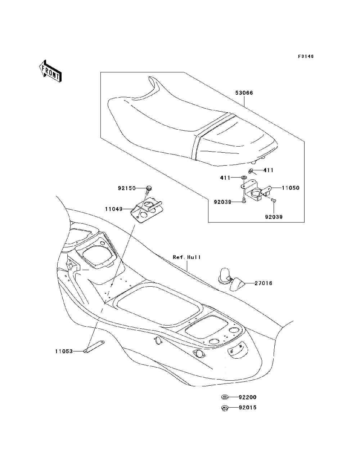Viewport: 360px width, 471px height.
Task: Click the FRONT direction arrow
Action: [50, 71]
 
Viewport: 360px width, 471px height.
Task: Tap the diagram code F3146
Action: [306, 57]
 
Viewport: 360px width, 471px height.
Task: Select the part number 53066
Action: [244, 93]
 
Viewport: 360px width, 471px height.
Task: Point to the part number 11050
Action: [291, 188]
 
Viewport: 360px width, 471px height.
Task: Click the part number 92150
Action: [127, 188]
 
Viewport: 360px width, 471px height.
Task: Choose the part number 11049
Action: [114, 209]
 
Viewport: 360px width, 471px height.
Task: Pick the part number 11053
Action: [64, 351]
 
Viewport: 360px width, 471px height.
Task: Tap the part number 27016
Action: [263, 283]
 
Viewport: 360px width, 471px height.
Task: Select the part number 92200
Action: [248, 397]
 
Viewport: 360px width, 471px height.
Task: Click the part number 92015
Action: [248, 408]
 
